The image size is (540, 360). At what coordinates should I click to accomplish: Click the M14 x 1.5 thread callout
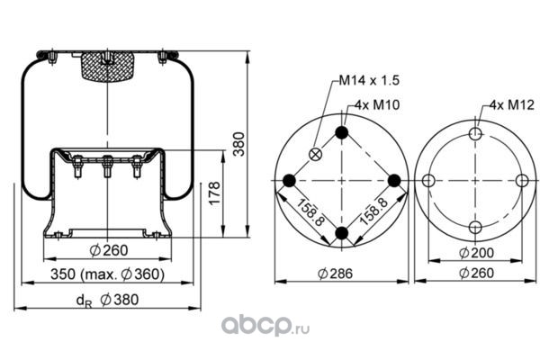pyautogui.click(x=369, y=80)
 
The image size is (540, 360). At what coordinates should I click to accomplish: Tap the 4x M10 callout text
pyautogui.click(x=377, y=104)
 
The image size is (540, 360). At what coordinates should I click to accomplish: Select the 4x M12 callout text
pyautogui.click(x=512, y=104)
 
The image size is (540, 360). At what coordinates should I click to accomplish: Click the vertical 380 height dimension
pyautogui.click(x=238, y=144)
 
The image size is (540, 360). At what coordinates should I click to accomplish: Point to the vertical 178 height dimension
pyautogui.click(x=214, y=193)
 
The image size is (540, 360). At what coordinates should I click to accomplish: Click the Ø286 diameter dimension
pyautogui.click(x=336, y=274)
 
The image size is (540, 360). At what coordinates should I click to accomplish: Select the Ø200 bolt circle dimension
pyautogui.click(x=476, y=253)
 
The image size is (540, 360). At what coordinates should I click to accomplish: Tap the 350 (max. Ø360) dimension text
pyautogui.click(x=107, y=274)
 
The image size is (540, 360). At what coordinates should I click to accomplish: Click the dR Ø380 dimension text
pyautogui.click(x=107, y=300)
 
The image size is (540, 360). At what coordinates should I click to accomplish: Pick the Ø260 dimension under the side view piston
pyautogui.click(x=109, y=250)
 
